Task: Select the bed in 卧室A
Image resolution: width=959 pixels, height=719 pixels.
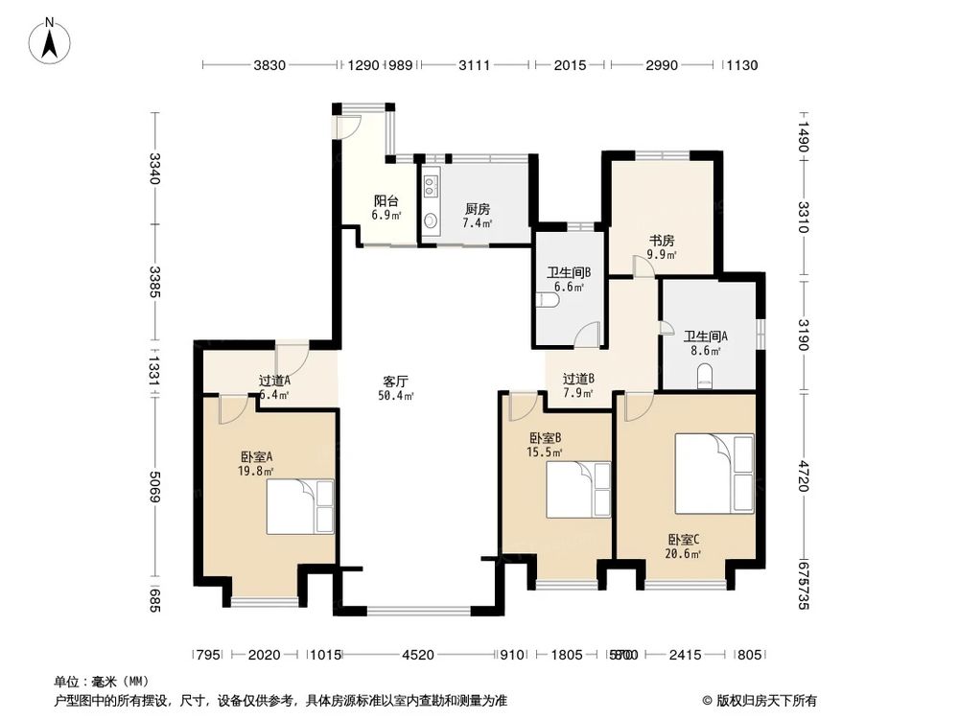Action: (300, 506)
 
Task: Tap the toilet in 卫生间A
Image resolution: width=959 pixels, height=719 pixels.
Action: (707, 381)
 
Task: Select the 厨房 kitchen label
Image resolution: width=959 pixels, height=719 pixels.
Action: (478, 208)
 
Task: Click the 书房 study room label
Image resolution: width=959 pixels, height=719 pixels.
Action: (661, 240)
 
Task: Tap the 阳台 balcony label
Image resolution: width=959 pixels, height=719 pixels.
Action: (386, 201)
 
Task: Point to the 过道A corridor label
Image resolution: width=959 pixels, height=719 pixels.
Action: (274, 380)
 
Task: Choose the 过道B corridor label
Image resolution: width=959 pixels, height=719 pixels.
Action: (578, 378)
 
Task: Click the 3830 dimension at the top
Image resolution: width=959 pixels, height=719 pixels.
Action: (270, 65)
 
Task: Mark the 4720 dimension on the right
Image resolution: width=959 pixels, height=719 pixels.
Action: (804, 475)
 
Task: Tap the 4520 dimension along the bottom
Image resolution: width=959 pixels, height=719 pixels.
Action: (418, 655)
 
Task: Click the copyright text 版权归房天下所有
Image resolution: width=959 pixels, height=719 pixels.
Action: (767, 700)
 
